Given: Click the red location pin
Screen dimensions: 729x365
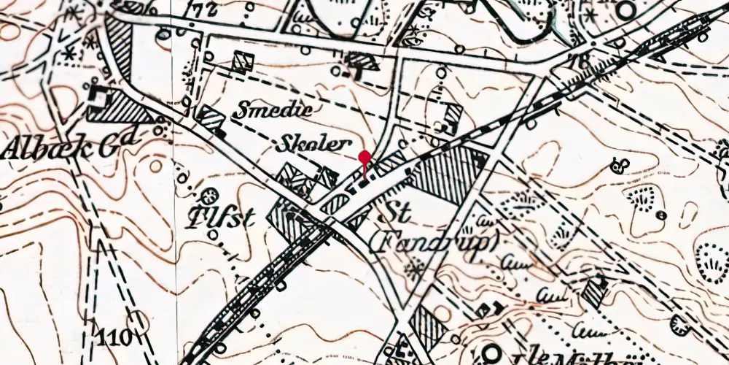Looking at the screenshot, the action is coord(364,157).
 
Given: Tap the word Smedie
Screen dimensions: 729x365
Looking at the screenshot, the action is coord(273,110).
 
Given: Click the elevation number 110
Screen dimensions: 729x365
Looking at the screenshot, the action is coord(115,337).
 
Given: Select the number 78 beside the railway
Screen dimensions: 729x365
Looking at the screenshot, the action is coord(581,61).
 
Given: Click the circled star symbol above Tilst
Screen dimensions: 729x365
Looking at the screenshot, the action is coord(210,196).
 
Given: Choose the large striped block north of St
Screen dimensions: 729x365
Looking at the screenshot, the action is coord(445,175).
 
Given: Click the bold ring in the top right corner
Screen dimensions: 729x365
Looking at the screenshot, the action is coord(625,10).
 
